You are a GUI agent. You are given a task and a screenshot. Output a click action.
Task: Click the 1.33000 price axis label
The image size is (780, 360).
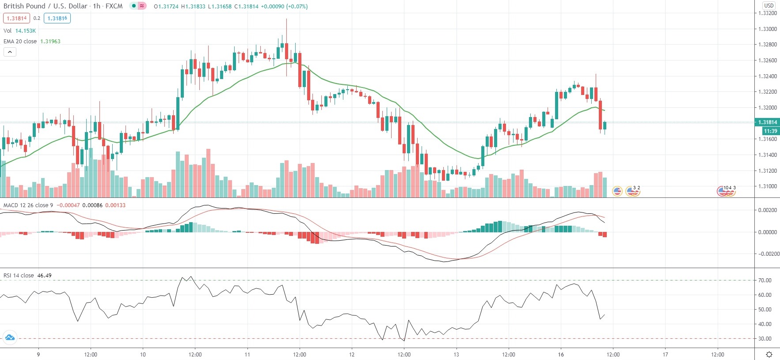pos(767,29)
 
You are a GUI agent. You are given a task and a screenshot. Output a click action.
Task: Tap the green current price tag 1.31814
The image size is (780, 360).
pos(767,122)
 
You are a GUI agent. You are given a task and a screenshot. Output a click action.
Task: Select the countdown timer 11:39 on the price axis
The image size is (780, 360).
pos(770,131)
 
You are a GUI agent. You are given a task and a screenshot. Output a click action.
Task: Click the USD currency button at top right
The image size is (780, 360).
pos(769,6)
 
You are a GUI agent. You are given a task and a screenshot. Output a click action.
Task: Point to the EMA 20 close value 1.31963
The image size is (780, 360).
pos(50,42)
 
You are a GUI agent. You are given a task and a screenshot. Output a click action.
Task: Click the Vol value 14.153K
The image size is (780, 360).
pos(26,31)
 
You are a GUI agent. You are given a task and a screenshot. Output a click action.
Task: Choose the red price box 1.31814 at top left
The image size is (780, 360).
pos(16,19)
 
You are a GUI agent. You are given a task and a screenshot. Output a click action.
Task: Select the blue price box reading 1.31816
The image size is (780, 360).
pos(57,19)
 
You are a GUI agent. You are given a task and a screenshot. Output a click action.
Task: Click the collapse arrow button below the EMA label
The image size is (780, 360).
pos(10,52)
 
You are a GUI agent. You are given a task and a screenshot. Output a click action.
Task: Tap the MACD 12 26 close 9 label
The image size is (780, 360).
pos(28,205)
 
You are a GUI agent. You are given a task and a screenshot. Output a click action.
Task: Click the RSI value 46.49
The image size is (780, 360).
pos(44,276)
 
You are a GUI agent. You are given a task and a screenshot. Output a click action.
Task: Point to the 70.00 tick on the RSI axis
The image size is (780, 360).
pos(765,280)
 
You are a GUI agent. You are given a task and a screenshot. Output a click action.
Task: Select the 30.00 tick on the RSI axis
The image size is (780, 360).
pos(765,339)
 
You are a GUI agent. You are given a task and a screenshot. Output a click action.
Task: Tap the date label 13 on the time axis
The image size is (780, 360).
pos(456,355)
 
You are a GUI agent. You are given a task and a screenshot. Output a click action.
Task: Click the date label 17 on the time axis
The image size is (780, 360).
pos(665,355)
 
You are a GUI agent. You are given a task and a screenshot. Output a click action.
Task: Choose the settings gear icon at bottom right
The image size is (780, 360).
pos(769,355)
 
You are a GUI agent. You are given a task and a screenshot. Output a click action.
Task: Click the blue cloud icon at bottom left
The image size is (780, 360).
pos(10,338)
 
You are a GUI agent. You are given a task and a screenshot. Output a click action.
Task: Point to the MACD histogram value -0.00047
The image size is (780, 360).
pos(68,205)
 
